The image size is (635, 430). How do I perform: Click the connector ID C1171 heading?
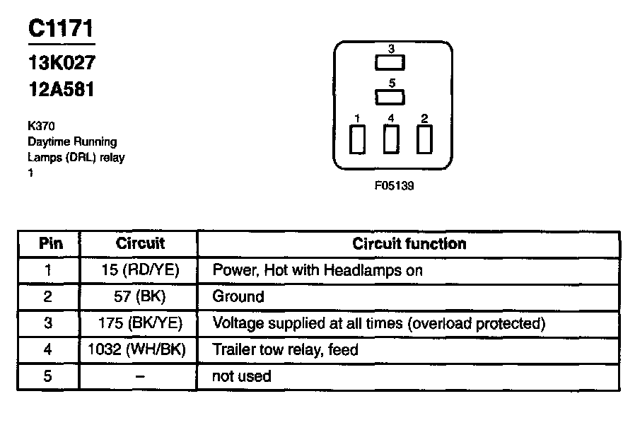pyautogui.click(x=61, y=29)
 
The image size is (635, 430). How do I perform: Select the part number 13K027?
pyautogui.click(x=61, y=63)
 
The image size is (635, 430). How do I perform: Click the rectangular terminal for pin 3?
pyautogui.click(x=390, y=62)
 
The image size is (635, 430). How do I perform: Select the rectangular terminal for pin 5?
pyautogui.click(x=390, y=97)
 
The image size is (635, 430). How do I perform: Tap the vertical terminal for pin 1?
pyautogui.click(x=358, y=139)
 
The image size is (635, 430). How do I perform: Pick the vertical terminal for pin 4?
pyautogui.click(x=390, y=139)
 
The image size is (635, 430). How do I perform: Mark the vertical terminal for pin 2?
pyautogui.click(x=424, y=139)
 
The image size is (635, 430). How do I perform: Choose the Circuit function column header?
pyautogui.click(x=409, y=244)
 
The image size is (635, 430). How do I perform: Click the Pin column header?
pyautogui.click(x=50, y=244)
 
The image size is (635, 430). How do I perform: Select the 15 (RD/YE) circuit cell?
pyautogui.click(x=140, y=270)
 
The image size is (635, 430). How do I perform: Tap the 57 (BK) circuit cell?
pyautogui.click(x=140, y=296)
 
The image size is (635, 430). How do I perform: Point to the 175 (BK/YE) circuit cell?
pyautogui.click(x=140, y=323)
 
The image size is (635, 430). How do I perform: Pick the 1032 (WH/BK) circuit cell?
pyautogui.click(x=140, y=349)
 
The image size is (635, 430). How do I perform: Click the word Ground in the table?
pyautogui.click(x=238, y=296)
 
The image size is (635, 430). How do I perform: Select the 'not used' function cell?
pyautogui.click(x=242, y=376)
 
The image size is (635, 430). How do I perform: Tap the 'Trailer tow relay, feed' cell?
pyautogui.click(x=285, y=349)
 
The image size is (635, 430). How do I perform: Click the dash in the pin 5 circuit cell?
pyautogui.click(x=140, y=376)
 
